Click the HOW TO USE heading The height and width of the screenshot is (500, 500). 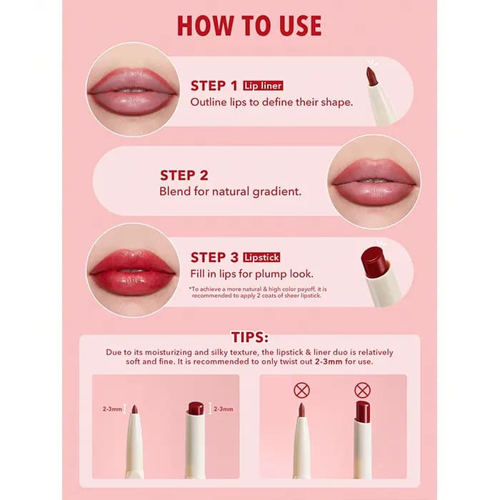pyautogui.click(x=249, y=26)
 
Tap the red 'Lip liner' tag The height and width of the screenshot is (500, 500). pyautogui.click(x=263, y=86)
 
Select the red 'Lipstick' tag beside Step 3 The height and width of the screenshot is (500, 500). pyautogui.click(x=261, y=257)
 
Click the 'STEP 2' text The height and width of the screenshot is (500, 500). pyautogui.click(x=184, y=176)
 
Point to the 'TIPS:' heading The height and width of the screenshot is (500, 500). pyautogui.click(x=250, y=337)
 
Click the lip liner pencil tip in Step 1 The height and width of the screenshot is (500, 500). pyautogui.click(x=371, y=76)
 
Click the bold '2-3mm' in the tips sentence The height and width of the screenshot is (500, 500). pyautogui.click(x=329, y=361)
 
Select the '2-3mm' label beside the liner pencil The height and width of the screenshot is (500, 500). pyautogui.click(x=112, y=409)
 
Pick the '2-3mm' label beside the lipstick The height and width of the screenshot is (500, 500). pyautogui.click(x=223, y=409)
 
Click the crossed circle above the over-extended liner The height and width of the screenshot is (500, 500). pyautogui.click(x=301, y=390)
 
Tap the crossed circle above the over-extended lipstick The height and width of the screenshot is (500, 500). pyautogui.click(x=363, y=390)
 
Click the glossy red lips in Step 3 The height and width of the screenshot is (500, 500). pyautogui.click(x=132, y=273)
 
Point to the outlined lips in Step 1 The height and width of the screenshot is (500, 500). pyautogui.click(x=132, y=91)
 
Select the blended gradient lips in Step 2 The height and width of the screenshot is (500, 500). pyautogui.click(x=374, y=182)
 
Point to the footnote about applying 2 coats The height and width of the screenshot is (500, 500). pyautogui.click(x=258, y=292)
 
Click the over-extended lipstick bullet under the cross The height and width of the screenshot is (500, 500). pyautogui.click(x=363, y=411)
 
